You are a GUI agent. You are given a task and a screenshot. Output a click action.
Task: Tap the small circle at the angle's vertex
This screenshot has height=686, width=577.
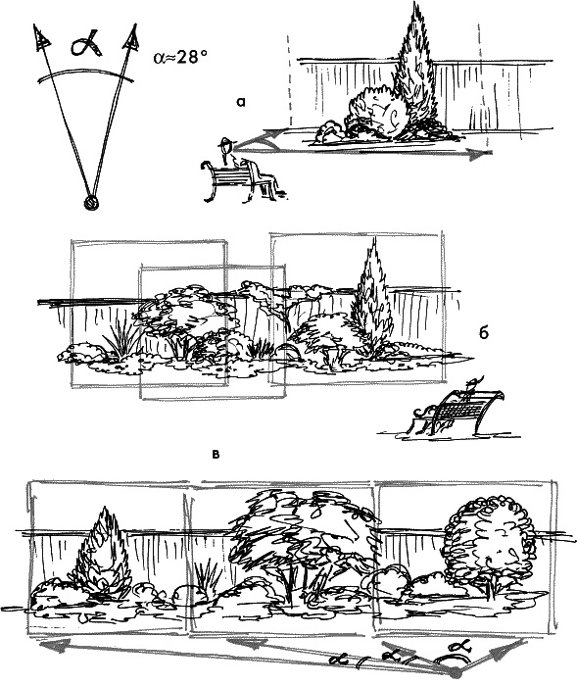(91, 204)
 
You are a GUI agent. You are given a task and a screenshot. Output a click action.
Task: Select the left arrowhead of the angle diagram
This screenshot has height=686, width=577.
(41, 36)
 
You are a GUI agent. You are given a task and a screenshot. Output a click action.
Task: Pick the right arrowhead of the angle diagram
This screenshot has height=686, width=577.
(131, 37)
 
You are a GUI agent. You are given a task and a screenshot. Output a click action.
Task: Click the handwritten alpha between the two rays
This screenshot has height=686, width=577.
(86, 44)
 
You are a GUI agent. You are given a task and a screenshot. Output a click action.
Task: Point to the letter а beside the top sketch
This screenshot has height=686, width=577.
(241, 102)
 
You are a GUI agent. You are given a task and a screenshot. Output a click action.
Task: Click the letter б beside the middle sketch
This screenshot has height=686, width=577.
(483, 333)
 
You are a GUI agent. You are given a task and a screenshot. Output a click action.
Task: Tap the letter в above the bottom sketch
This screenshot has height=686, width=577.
(216, 455)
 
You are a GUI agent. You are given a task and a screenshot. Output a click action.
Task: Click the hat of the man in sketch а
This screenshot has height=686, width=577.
(226, 141)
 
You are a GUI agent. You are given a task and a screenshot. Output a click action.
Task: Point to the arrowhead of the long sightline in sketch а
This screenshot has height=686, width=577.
(479, 154)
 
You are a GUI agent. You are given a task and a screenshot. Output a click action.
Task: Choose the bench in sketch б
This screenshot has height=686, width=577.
(459, 412)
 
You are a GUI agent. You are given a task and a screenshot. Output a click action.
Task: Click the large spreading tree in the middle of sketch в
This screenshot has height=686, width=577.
(302, 543)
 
